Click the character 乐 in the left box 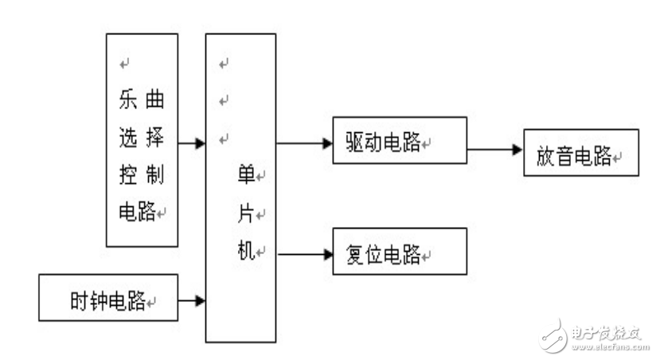127,101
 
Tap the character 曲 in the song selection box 156,101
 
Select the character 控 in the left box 127,174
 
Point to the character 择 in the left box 156,138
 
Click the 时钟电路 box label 107,300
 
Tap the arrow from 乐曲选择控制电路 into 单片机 191,143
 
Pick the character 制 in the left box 156,174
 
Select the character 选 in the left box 127,138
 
